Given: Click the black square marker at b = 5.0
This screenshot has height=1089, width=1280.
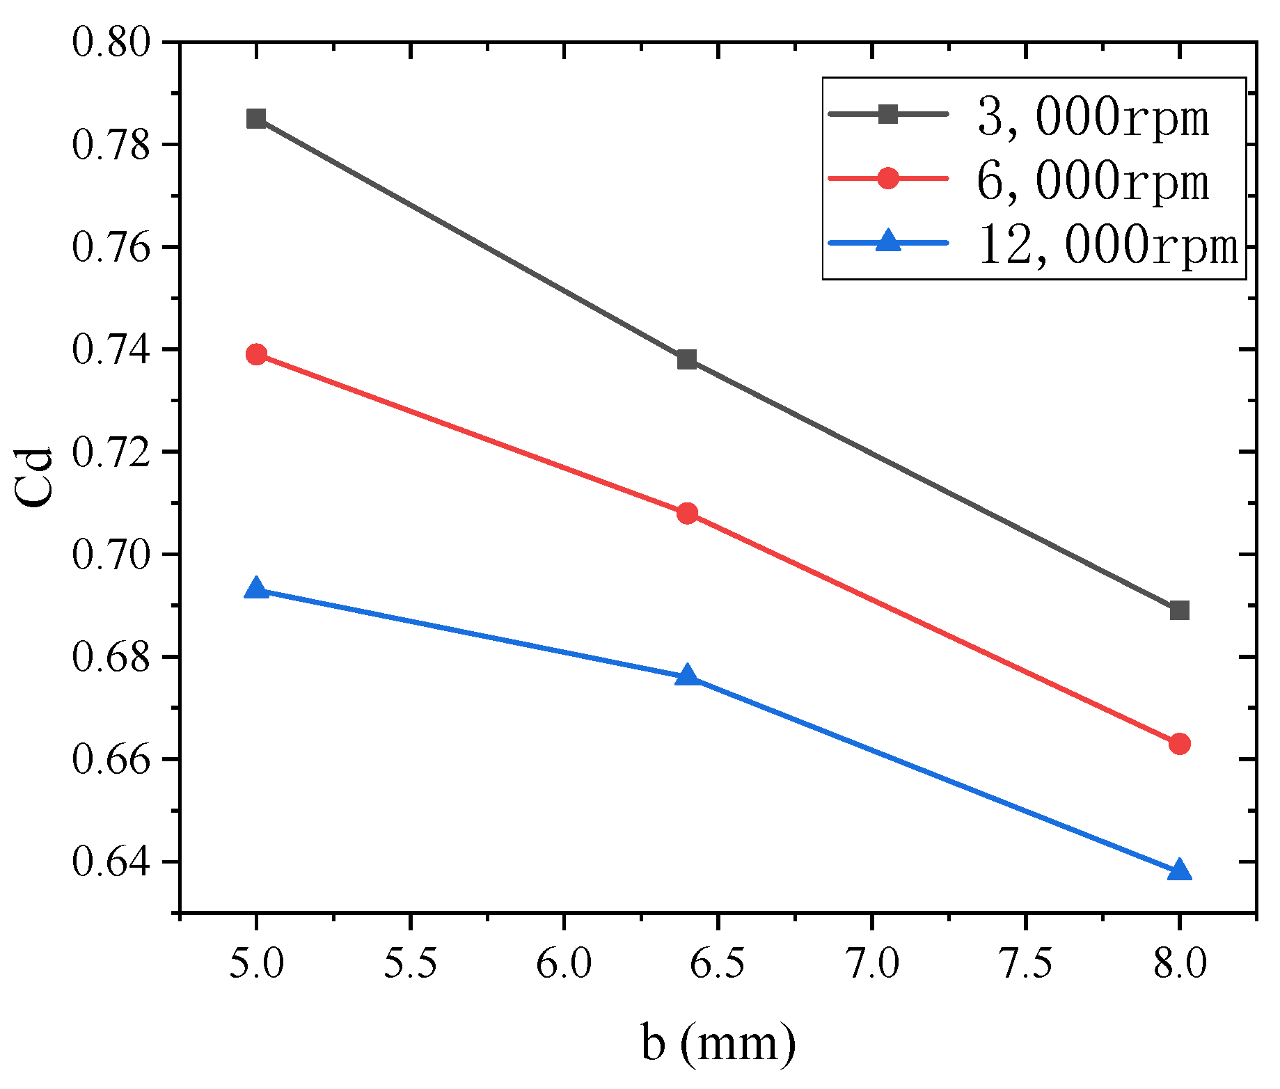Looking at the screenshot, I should (256, 119).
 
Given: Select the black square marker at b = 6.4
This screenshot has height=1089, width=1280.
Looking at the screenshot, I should (687, 360).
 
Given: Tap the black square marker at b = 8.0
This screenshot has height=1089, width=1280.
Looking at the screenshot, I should (1179, 611).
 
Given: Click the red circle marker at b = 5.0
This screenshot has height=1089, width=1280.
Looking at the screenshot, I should (256, 354).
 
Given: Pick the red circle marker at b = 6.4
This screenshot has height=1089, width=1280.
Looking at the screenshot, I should (687, 514).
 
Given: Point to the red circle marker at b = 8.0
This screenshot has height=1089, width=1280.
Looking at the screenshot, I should (1179, 744).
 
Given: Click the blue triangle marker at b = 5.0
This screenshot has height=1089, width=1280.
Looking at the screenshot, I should (256, 589).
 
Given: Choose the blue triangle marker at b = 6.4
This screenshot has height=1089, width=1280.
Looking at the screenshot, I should (687, 676).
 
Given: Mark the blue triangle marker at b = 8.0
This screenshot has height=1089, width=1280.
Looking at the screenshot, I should (1179, 871).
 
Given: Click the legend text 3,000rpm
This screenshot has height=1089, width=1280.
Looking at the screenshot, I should (1093, 117).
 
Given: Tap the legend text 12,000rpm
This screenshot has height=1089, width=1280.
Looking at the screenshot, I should (1108, 245).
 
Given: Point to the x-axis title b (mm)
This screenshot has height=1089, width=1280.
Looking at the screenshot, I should (718, 1044).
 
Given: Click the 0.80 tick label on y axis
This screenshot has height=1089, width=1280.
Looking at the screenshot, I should (111, 42).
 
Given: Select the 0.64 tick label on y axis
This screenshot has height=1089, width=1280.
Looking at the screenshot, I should (111, 862).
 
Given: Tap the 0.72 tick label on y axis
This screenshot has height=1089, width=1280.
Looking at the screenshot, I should (111, 452).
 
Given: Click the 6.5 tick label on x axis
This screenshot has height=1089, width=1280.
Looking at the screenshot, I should (718, 964).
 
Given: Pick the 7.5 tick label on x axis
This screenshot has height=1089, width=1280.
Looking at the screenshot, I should (1025, 964).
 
